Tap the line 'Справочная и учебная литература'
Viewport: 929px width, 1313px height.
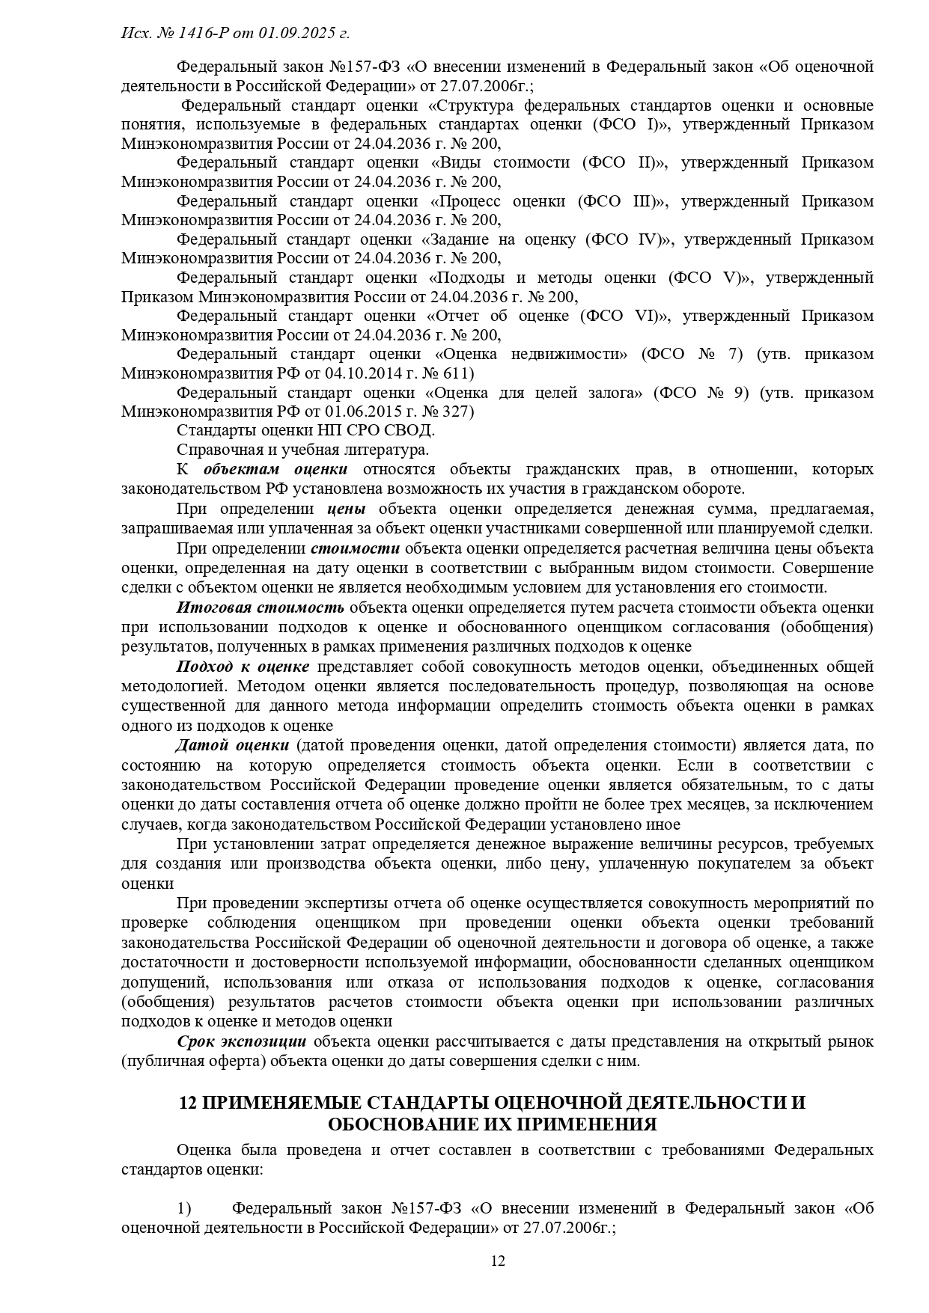[x=302, y=450]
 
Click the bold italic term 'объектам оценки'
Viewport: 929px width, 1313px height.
[x=275, y=469]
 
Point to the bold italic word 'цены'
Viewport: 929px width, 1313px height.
[x=347, y=509]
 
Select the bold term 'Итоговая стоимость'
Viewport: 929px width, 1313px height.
[x=261, y=607]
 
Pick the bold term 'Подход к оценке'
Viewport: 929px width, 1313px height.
[x=243, y=667]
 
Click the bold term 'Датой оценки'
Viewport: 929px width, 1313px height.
[x=232, y=746]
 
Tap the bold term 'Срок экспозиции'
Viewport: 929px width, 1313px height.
[x=242, y=1041]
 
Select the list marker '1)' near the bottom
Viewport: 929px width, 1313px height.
[x=184, y=1208]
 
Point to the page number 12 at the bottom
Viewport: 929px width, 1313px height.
[x=498, y=1261]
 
